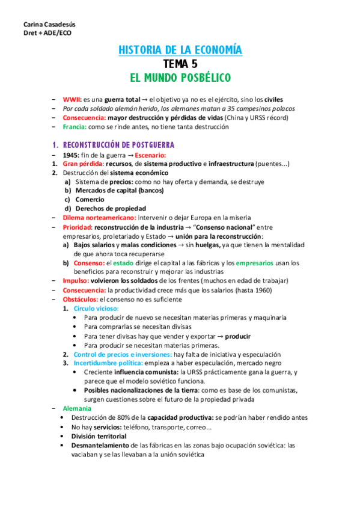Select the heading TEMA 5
[180, 64]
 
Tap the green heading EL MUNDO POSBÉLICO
[180, 78]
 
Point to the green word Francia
[75, 127]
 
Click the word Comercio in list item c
[90, 199]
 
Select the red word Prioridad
[78, 227]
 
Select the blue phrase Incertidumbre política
[108, 363]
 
